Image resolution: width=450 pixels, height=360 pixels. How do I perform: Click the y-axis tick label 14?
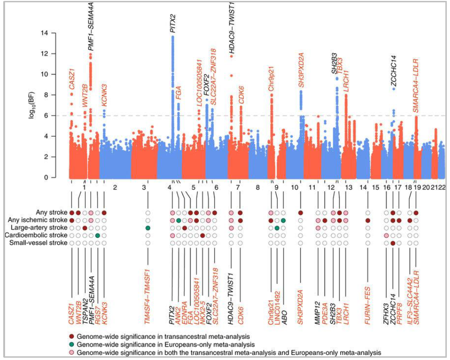[58, 33]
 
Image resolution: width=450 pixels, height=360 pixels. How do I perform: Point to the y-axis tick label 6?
[59, 116]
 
